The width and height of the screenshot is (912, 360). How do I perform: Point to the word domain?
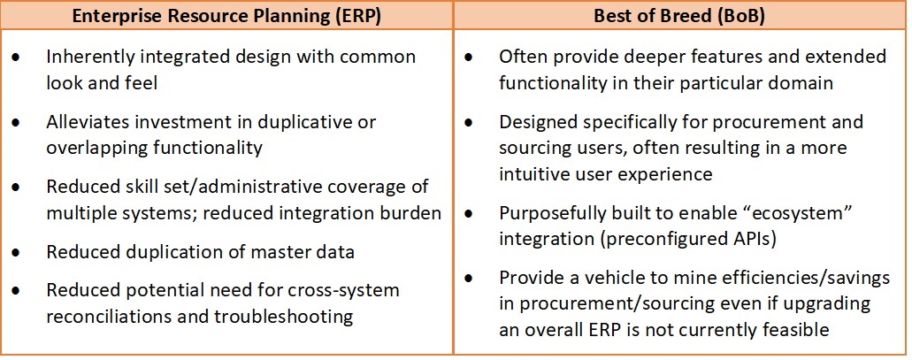pos(801,83)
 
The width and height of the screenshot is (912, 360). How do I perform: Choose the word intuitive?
pos(540,174)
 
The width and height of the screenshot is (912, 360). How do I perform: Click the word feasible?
pos(792,330)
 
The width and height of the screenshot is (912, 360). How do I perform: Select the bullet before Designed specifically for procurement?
pos(469,123)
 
